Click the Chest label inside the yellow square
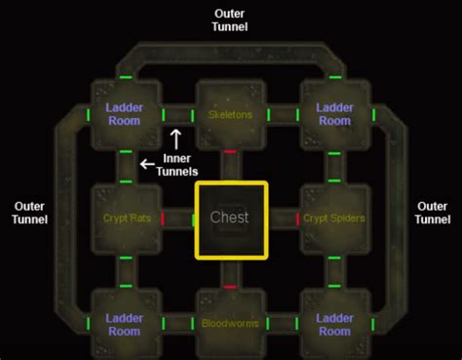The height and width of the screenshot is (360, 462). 230,218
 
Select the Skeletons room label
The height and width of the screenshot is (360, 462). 230,115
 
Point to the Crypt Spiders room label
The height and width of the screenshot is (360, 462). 334,218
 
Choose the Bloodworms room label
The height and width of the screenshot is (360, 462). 230,323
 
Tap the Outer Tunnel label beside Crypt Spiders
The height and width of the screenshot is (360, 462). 432,213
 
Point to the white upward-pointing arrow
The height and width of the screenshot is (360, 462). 176,138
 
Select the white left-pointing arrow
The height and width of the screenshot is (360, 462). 146,164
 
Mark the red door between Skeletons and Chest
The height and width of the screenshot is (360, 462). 230,151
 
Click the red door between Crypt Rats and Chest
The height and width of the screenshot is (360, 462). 163,219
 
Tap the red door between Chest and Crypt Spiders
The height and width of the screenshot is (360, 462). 297,219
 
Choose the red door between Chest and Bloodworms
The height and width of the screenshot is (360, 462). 230,287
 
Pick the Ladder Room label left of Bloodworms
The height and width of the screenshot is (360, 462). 125,325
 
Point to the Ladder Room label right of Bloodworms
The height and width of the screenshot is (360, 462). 334,325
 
